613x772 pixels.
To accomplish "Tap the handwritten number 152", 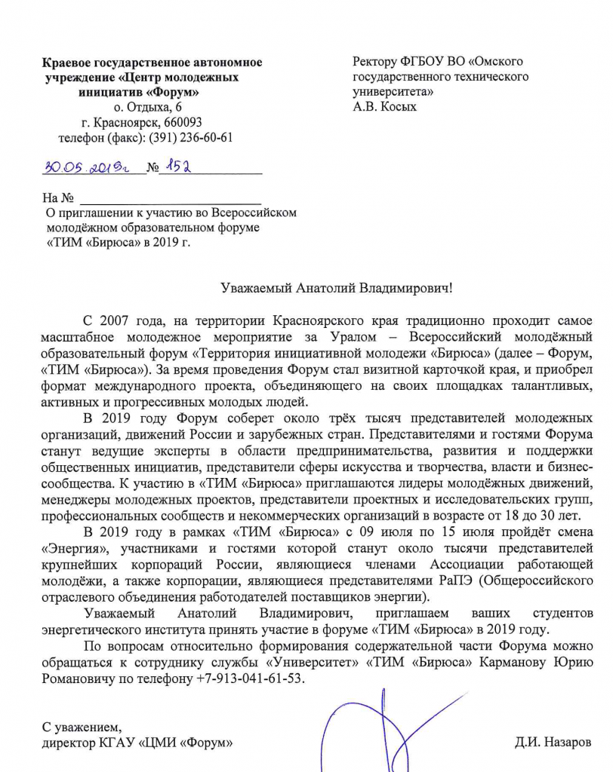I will click(x=177, y=165).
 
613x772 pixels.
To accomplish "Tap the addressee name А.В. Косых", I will click(x=385, y=106).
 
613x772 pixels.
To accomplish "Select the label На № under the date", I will click(x=58, y=198).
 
